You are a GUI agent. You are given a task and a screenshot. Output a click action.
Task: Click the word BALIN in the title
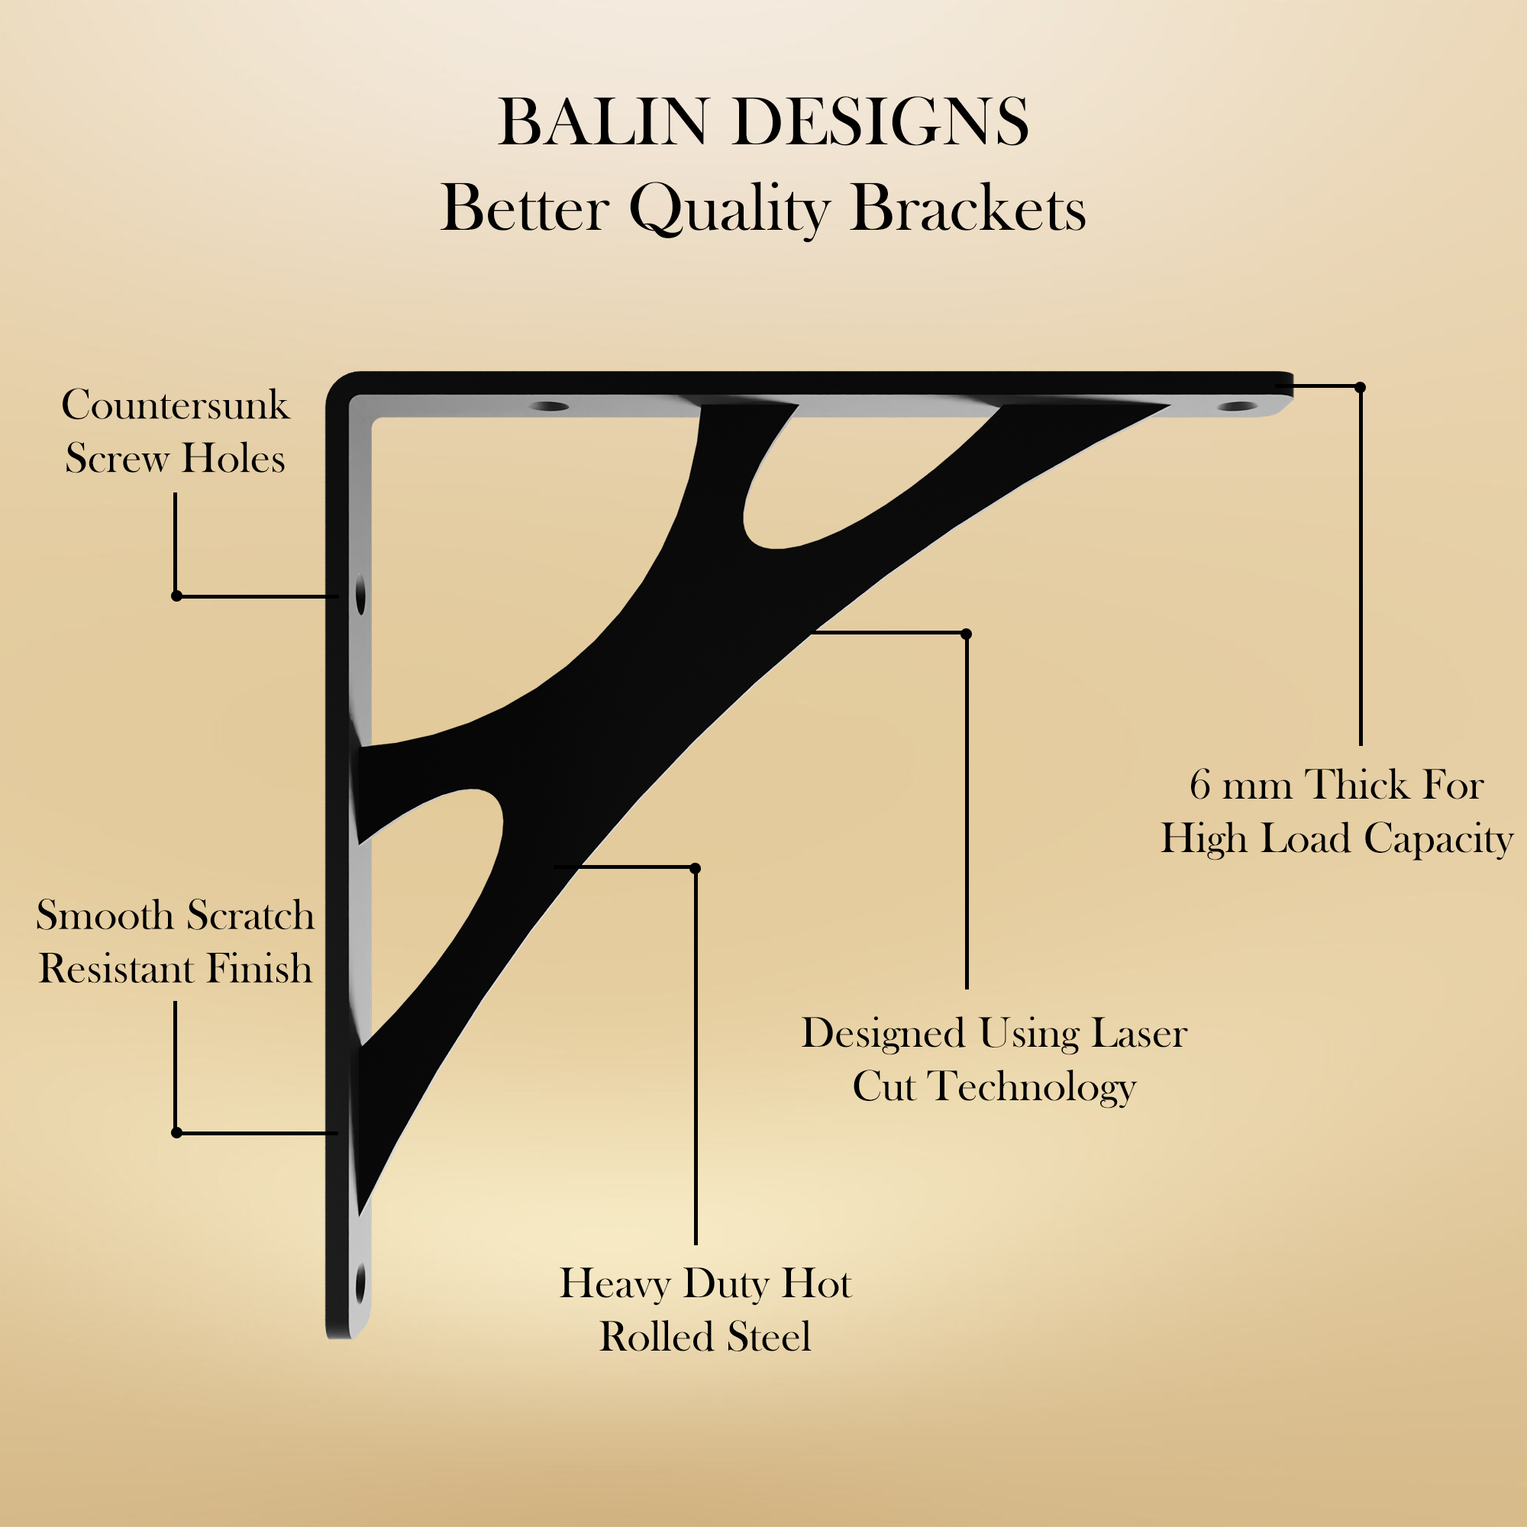click(x=602, y=122)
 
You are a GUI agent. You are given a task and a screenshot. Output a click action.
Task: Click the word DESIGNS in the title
click(x=881, y=122)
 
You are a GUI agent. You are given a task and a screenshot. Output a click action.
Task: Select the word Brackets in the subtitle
click(x=968, y=208)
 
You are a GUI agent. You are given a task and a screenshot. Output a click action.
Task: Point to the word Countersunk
click(x=176, y=405)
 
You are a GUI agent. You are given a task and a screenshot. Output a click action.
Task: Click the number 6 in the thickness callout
click(x=1199, y=786)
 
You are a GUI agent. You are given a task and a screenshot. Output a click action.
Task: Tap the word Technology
click(x=1032, y=1086)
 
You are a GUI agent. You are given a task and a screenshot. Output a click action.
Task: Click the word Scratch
click(x=250, y=916)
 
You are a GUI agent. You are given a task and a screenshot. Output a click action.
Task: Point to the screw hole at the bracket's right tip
click(x=1237, y=406)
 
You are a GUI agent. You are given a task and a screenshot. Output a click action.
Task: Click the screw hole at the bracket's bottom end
click(x=360, y=1284)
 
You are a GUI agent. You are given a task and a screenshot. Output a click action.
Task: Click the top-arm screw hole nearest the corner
click(x=548, y=406)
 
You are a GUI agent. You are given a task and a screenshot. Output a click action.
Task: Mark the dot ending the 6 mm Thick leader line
click(x=1361, y=387)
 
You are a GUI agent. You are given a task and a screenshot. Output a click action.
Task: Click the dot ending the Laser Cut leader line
click(x=966, y=634)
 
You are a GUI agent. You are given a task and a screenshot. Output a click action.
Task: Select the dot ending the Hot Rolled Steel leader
click(x=695, y=869)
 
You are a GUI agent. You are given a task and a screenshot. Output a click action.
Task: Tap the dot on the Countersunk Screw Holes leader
click(x=176, y=596)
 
